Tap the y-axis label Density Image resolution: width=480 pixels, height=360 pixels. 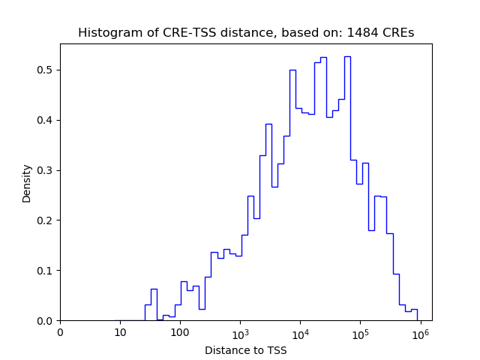[27, 183]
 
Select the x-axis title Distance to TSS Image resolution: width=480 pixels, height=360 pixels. [246, 350]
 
